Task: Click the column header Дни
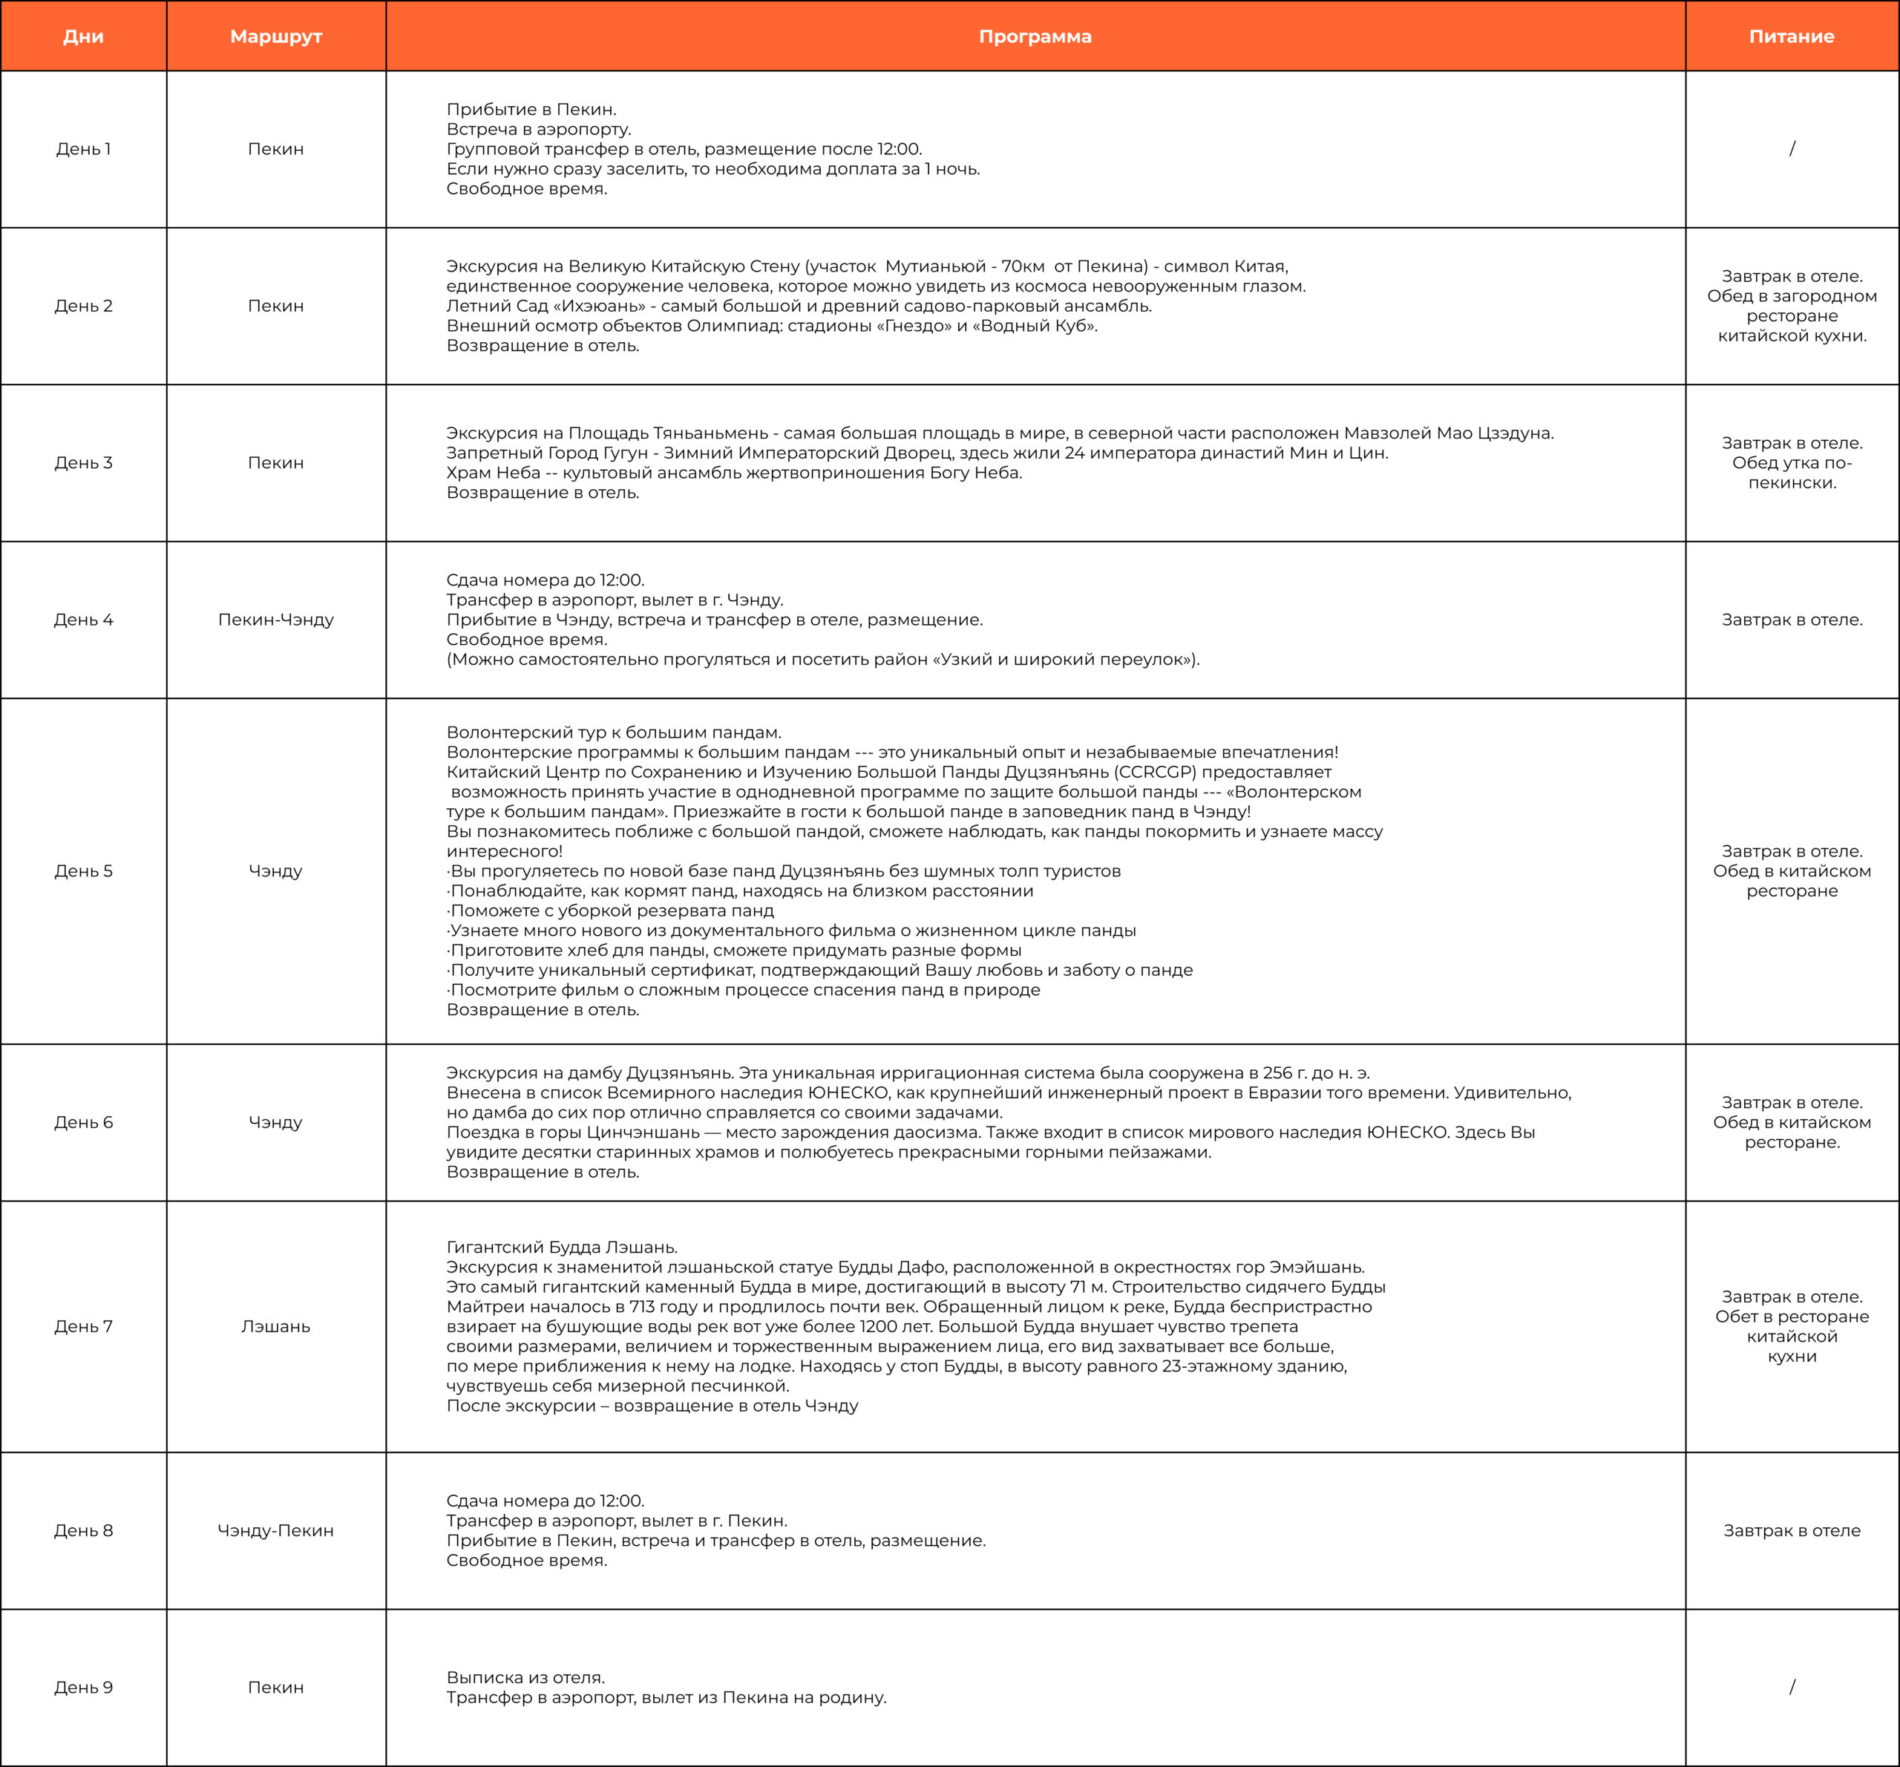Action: point(83,36)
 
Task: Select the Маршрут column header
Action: point(276,36)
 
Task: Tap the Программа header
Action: point(1035,36)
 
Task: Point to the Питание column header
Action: point(1792,36)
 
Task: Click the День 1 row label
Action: point(83,149)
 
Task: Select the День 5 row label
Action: point(83,871)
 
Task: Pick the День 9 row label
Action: point(83,1687)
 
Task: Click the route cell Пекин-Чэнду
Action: point(276,619)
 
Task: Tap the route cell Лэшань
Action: point(276,1326)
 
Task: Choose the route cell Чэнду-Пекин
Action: point(276,1530)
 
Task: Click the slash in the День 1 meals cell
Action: point(1792,149)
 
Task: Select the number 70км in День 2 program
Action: point(1023,266)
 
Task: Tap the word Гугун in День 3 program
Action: point(625,453)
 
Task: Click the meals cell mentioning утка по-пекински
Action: point(1792,462)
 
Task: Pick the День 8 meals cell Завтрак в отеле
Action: point(1792,1530)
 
